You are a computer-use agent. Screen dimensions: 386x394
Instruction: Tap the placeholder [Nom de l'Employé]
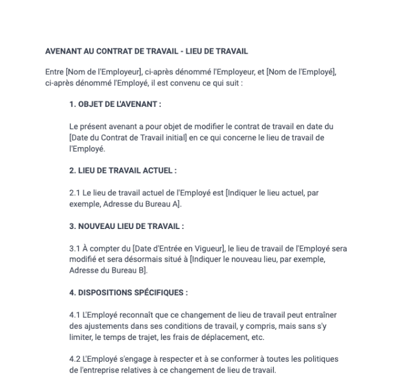coord(301,72)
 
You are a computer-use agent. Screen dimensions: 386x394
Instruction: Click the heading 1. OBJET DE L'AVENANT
coord(115,104)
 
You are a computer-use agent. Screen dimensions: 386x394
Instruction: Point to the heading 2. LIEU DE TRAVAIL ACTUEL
coord(123,171)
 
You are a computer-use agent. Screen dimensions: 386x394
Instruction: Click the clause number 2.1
coord(74,193)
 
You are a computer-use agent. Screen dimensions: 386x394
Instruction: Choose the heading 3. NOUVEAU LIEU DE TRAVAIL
coord(126,226)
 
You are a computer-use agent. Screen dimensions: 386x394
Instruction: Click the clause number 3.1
coord(74,248)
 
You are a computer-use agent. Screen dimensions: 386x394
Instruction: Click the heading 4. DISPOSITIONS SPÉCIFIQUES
coord(129,293)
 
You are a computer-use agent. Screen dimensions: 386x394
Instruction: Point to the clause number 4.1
coord(74,315)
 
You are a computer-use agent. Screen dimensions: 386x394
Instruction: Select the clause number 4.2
coord(75,359)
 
